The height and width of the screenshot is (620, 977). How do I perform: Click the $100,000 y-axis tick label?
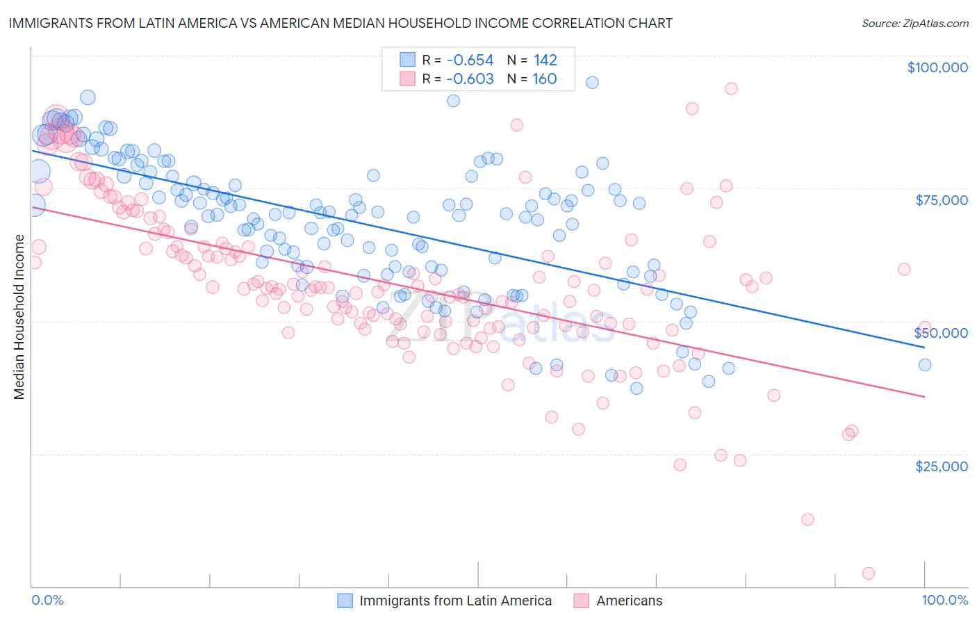937,67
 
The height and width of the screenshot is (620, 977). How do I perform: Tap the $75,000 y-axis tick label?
941,200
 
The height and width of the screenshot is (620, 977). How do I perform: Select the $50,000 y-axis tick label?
940,333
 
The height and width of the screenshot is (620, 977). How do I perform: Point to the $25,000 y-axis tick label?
941,466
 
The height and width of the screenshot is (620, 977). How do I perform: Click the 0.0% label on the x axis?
48,600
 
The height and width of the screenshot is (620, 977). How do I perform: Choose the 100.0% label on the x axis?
944,600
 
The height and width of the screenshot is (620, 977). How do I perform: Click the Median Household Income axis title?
19,317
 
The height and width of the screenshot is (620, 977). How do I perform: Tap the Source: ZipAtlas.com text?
914,23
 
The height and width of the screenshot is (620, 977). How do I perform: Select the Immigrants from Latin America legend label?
455,601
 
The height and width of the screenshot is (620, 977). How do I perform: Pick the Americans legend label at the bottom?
629,601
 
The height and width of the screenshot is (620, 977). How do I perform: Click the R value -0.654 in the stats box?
470,60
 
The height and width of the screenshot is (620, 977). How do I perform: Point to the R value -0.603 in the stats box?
470,79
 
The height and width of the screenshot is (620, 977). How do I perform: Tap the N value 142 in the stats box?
545,60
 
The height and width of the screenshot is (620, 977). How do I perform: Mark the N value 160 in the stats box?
545,79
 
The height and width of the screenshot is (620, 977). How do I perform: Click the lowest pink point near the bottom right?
868,573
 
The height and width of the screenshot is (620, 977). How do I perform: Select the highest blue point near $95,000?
592,83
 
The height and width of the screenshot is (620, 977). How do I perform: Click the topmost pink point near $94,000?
731,89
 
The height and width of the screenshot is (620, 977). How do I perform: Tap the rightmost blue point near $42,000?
924,365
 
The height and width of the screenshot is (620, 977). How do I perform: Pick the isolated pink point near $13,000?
807,520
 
